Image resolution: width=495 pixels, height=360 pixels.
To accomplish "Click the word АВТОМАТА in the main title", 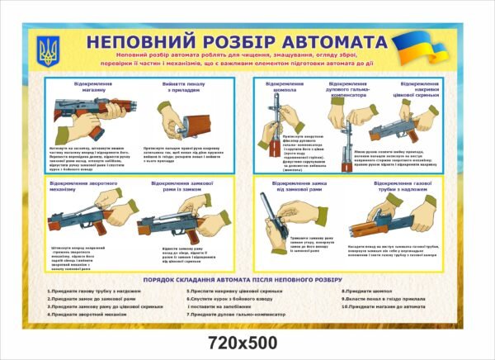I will coord(327,42).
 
